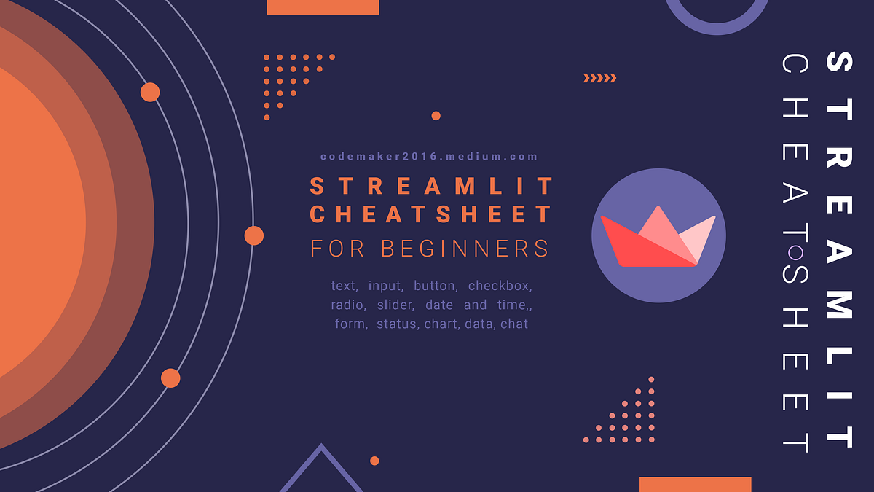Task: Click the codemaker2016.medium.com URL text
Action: coord(429,157)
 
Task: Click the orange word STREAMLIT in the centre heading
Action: coord(431,186)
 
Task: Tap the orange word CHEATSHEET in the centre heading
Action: coord(430,214)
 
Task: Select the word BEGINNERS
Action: coord(465,249)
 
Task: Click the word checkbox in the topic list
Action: coord(500,286)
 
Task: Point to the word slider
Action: coord(395,305)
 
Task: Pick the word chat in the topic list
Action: coord(514,324)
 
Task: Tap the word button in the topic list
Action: coord(436,286)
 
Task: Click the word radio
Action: coord(348,305)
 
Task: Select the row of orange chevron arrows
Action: coord(599,78)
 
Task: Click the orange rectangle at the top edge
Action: coord(323,7)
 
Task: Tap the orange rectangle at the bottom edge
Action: coord(696,485)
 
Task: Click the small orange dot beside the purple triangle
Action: coord(374,461)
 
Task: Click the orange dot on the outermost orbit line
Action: coord(254,236)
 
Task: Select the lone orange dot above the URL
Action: coord(436,116)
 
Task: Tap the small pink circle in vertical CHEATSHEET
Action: coord(796,252)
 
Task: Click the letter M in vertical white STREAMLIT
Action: coord(839,305)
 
